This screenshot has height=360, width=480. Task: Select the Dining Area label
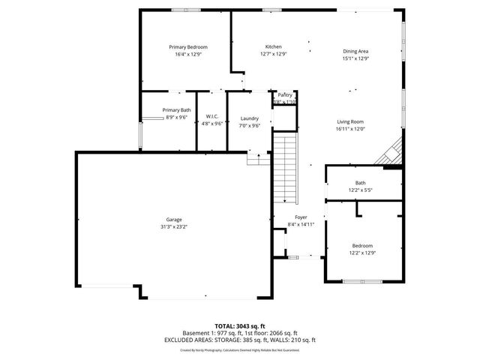point(355,51)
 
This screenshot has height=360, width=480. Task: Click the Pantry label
point(285,95)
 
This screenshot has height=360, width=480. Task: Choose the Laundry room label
point(250,118)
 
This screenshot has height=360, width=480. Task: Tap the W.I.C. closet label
point(211,116)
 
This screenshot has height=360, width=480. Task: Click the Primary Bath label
point(177,110)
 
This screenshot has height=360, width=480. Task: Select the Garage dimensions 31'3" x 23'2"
point(173,226)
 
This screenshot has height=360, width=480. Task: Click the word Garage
point(173,219)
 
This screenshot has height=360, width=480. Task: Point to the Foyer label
point(300,217)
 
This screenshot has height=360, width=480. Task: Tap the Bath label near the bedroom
point(361,183)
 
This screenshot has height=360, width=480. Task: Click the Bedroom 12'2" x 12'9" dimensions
point(362,253)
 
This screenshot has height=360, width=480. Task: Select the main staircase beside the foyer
point(285,169)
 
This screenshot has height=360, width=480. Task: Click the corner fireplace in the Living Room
point(392,155)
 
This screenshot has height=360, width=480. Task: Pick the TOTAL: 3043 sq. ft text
point(240,326)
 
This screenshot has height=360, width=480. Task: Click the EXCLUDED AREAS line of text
point(240,340)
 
